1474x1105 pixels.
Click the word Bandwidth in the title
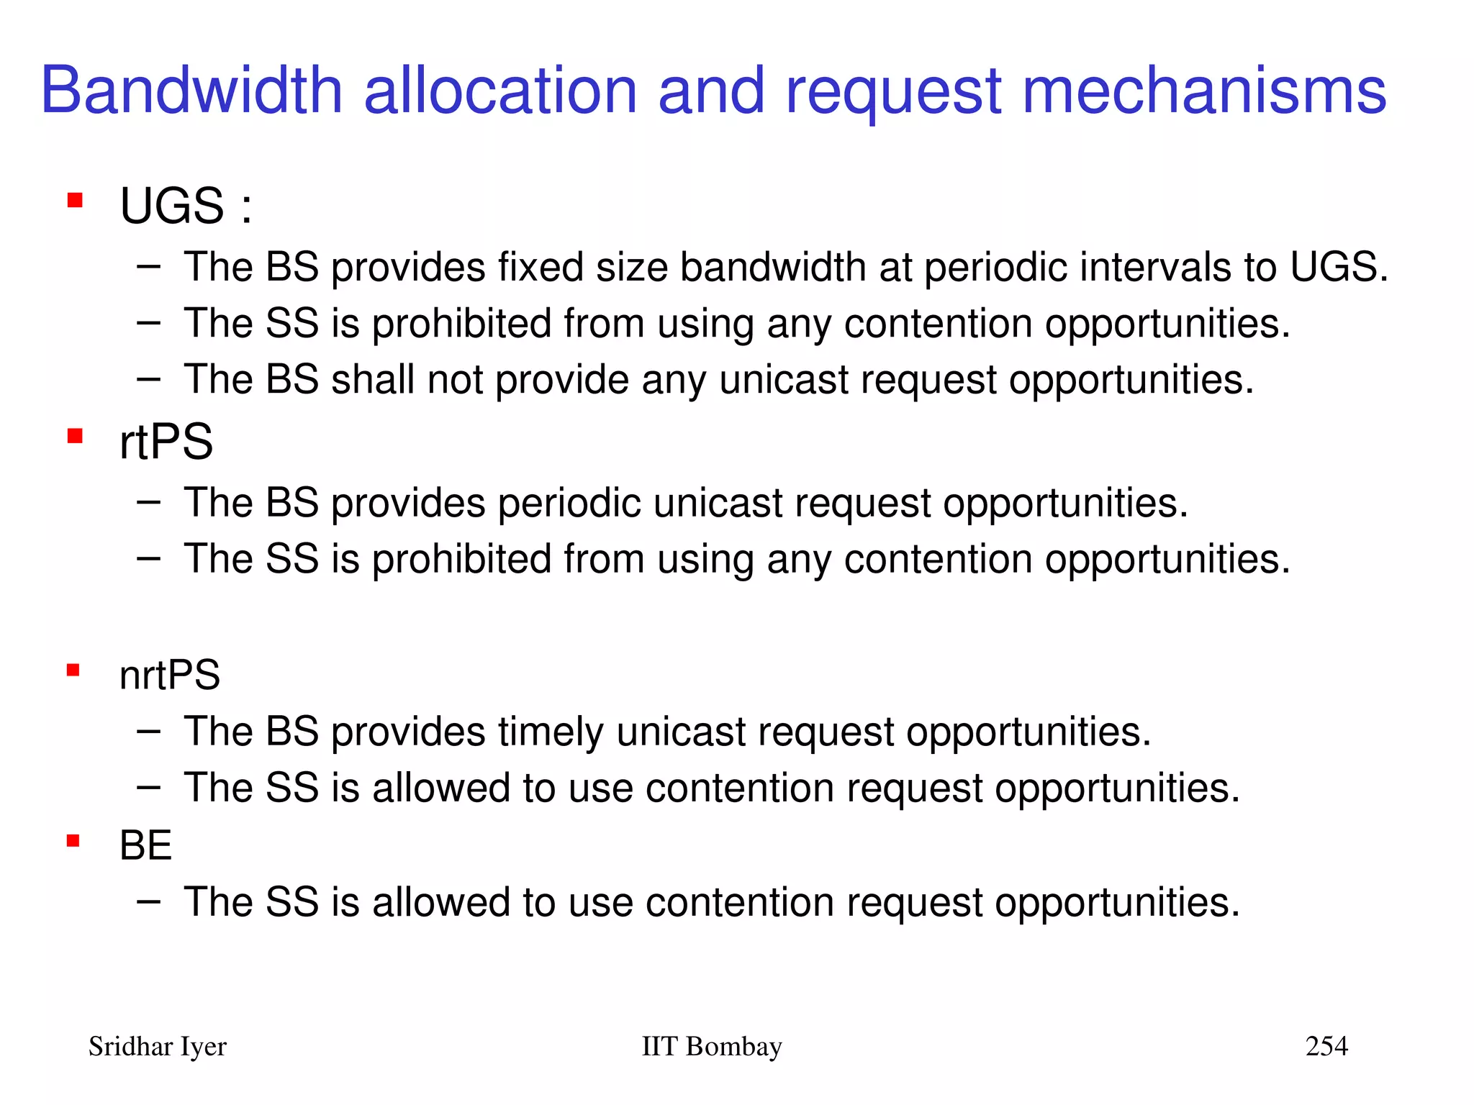[x=191, y=91]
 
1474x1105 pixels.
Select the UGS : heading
[x=186, y=206]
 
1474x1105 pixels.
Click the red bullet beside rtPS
[x=75, y=436]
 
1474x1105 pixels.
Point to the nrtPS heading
[x=169, y=676]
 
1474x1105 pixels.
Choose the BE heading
[x=145, y=845]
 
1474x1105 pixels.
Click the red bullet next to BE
[x=73, y=840]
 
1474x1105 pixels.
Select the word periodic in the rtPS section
[x=569, y=503]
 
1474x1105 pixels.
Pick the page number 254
[x=1326, y=1046]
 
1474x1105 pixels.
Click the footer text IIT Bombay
[x=711, y=1047]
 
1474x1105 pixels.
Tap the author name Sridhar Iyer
[x=157, y=1047]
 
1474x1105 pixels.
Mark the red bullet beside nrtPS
[x=73, y=670]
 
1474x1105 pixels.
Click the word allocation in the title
[x=501, y=91]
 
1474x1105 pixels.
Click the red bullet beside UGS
[x=75, y=199]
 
